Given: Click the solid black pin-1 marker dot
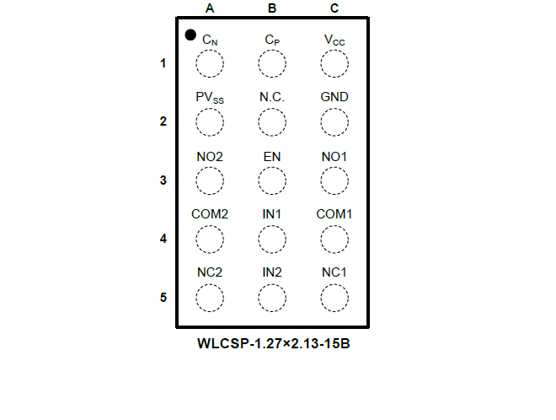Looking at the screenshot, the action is [190, 35].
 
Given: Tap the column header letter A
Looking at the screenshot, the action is [210, 8].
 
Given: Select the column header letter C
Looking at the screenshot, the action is [334, 8].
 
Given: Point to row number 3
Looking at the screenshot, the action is [163, 180].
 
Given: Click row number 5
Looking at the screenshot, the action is [163, 297].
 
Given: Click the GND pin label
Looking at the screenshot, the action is [334, 97].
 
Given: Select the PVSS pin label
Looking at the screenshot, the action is [210, 97].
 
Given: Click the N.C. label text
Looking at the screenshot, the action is [272, 97].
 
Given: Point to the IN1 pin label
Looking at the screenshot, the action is [272, 214].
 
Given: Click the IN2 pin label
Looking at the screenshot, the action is [272, 272].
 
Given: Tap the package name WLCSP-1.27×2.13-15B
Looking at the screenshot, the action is [274, 343].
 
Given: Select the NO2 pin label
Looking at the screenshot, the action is [210, 157].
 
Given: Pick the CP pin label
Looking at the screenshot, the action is [272, 40].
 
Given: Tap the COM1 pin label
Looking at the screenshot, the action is [334, 214].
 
